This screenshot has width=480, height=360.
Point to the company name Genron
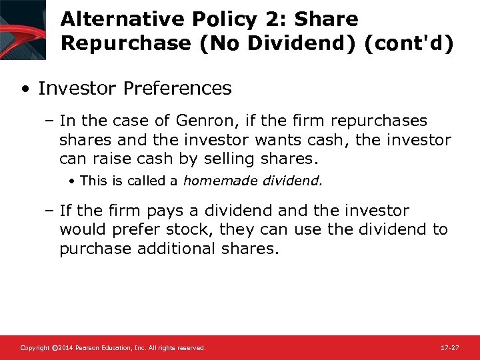(x=201, y=121)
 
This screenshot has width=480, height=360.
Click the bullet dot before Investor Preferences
(x=25, y=89)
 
